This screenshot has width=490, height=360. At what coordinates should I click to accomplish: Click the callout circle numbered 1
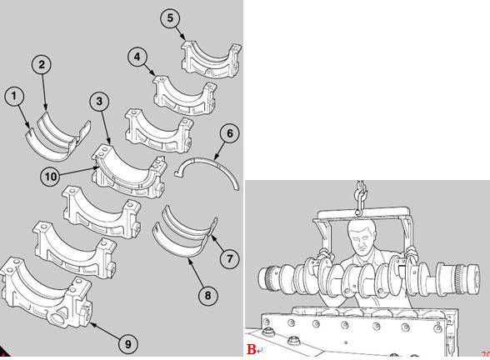click(x=14, y=96)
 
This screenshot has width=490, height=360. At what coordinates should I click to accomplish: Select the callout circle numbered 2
click(x=42, y=64)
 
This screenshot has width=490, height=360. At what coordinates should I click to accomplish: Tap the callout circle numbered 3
click(x=99, y=102)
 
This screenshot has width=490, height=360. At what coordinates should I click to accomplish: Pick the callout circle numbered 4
click(x=137, y=57)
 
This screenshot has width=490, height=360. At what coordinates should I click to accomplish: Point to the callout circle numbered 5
click(x=170, y=17)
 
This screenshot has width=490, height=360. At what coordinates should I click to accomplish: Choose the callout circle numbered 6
click(x=230, y=133)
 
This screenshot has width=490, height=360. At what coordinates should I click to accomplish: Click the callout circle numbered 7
click(x=230, y=258)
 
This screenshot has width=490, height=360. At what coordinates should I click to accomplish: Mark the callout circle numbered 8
click(x=208, y=295)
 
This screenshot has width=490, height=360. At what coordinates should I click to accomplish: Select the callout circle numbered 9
click(x=128, y=344)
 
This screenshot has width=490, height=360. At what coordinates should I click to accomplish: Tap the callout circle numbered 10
click(x=50, y=177)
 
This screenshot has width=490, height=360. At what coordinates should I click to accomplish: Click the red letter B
click(x=252, y=349)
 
